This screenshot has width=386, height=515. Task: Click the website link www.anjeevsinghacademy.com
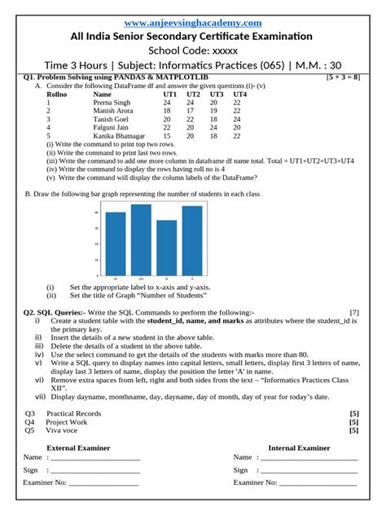193,23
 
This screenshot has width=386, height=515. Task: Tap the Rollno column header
56,95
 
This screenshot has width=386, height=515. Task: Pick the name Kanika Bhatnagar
120,136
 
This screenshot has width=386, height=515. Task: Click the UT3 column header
217,95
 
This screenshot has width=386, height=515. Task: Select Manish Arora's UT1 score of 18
167,111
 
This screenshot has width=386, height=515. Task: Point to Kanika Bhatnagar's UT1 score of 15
167,136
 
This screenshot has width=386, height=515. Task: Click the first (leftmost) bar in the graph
116,243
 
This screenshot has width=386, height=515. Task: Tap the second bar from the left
141,239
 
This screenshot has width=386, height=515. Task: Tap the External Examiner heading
75,447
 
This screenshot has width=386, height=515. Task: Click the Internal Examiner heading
299,447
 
